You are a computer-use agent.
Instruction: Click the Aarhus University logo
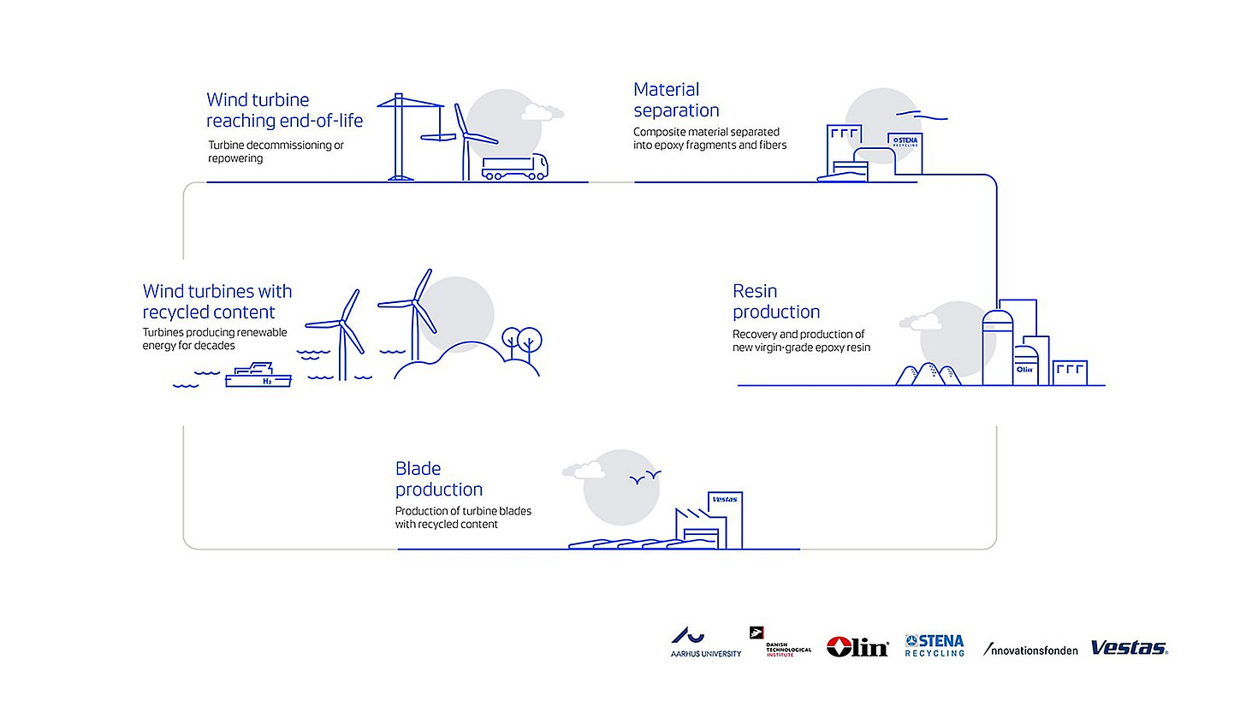[705, 643]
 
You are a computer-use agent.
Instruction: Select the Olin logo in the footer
[857, 647]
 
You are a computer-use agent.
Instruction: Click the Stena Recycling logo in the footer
[934, 645]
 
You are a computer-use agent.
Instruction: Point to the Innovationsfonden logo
[1030, 650]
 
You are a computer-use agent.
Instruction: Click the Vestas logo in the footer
[1129, 648]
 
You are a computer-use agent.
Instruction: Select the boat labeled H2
[258, 377]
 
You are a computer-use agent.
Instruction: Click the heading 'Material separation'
[676, 100]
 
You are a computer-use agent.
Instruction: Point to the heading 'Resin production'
[776, 301]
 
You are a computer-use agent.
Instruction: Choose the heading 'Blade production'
[438, 479]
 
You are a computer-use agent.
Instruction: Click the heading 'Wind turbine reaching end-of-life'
[284, 110]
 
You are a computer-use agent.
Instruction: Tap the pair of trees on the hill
[521, 340]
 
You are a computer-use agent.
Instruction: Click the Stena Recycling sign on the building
[905, 142]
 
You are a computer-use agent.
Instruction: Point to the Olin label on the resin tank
[1024, 370]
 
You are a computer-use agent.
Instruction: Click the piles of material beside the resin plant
[928, 374]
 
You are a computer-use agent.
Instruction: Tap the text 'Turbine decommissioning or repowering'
[276, 151]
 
